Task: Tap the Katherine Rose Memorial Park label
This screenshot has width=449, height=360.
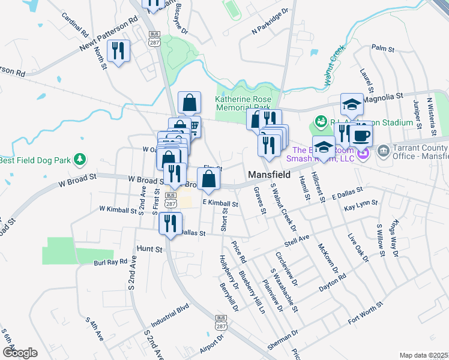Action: [x=243, y=103]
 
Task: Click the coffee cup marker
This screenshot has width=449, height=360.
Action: [x=361, y=136]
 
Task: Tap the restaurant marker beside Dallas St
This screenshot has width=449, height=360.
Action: [x=170, y=224]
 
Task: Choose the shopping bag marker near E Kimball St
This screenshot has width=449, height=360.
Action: [x=207, y=180]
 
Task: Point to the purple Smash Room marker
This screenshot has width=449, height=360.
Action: [x=363, y=154]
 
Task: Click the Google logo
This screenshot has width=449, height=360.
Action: [x=20, y=352]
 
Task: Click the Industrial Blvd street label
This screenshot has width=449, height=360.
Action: [x=170, y=315]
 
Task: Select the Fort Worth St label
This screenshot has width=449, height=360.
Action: [x=365, y=314]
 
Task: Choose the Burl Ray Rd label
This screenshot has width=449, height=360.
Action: [x=111, y=262]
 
